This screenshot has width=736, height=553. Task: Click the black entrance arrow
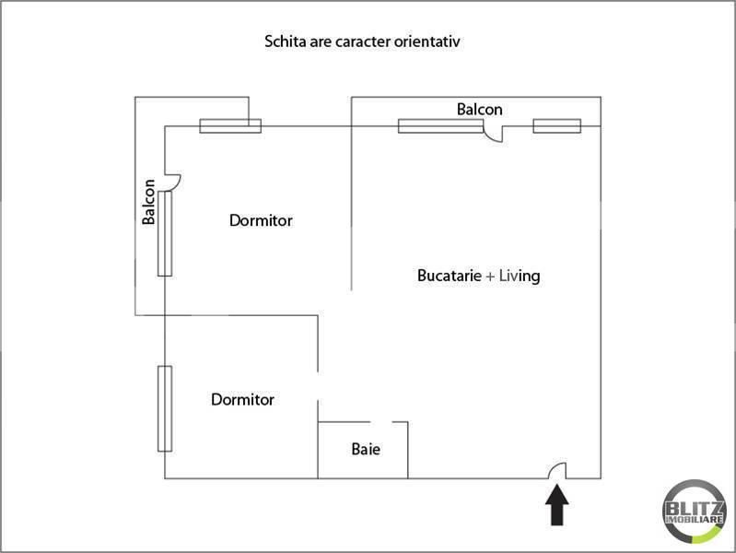click(557, 506)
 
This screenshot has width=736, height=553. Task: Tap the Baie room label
click(366, 451)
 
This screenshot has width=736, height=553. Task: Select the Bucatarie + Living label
click(478, 276)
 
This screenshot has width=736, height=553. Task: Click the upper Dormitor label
click(261, 221)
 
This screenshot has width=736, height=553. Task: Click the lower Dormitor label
click(242, 400)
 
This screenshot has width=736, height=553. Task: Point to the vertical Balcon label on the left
click(148, 202)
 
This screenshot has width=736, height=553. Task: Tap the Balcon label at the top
click(480, 109)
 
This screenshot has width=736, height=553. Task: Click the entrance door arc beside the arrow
click(557, 471)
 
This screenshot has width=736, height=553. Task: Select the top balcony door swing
click(495, 135)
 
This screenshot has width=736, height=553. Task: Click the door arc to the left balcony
click(172, 181)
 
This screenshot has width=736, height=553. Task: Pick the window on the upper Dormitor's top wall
click(230, 126)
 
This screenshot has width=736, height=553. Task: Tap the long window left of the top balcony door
click(440, 126)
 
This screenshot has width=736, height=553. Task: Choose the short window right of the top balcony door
click(556, 126)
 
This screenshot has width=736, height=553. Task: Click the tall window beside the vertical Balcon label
click(165, 233)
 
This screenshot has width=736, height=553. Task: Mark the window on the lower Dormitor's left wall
click(165, 408)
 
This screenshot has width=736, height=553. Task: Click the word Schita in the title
click(284, 41)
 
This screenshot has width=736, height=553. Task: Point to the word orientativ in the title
click(439, 41)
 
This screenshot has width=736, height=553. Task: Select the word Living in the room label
click(520, 276)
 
